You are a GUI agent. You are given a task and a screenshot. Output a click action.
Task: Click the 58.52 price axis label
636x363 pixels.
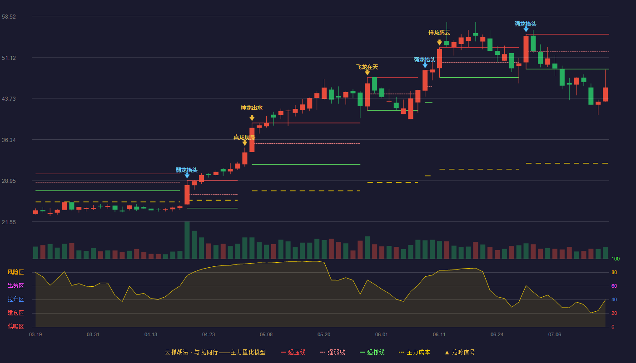9,17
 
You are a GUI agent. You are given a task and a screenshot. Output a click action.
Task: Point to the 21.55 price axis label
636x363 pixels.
9,222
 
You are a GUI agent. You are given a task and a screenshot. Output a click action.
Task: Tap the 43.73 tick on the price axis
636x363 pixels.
9,99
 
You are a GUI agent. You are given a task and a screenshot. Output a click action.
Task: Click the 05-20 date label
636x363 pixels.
323,335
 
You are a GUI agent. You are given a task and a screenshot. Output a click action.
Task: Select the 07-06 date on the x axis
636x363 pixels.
555,335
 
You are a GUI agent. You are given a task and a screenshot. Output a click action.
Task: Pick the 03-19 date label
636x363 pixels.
35,335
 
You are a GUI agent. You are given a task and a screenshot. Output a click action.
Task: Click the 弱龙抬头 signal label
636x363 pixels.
187,170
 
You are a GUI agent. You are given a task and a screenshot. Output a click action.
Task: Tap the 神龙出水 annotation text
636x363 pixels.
252,108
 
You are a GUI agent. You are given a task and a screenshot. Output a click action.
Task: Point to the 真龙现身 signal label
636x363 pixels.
244,137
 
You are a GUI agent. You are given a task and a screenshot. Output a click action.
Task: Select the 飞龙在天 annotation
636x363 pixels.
367,67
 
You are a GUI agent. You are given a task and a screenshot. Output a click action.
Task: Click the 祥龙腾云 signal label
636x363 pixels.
439,33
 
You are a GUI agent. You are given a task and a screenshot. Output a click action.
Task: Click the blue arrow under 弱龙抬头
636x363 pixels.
187,176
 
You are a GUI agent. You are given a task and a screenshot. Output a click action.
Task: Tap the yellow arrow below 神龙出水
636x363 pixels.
252,118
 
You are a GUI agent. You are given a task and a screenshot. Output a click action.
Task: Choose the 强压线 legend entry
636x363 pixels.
293,352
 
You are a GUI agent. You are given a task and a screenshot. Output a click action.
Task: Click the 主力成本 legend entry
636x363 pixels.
414,352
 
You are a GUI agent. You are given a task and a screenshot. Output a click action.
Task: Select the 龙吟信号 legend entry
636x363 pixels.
460,352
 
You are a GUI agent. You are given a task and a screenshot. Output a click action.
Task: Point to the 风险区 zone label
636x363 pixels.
15,272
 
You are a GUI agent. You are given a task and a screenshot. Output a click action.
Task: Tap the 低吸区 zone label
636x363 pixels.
15,327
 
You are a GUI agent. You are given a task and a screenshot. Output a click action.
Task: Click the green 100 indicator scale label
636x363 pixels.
616,259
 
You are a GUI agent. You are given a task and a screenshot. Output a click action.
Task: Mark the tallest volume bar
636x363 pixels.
187,240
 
